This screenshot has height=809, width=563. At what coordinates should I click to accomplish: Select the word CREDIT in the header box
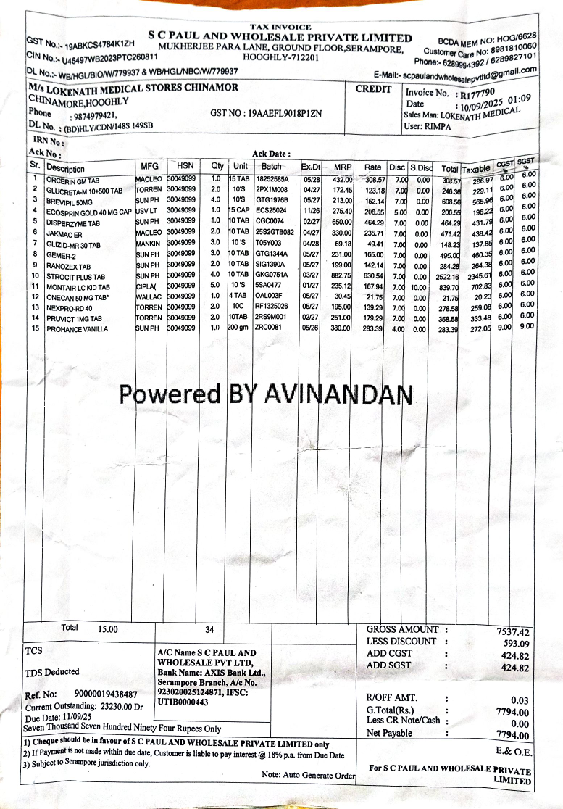pyautogui.click(x=374, y=90)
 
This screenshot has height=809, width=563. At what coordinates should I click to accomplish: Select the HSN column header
pyautogui.click(x=180, y=165)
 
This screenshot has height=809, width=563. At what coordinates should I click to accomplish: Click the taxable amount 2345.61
pyautogui.click(x=478, y=276)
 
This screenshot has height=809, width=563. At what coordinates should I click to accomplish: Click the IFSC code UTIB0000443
pyautogui.click(x=183, y=702)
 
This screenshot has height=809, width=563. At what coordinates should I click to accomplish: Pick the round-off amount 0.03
pyautogui.click(x=520, y=700)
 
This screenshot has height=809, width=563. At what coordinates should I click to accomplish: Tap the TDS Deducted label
pyautogui.click(x=52, y=672)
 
